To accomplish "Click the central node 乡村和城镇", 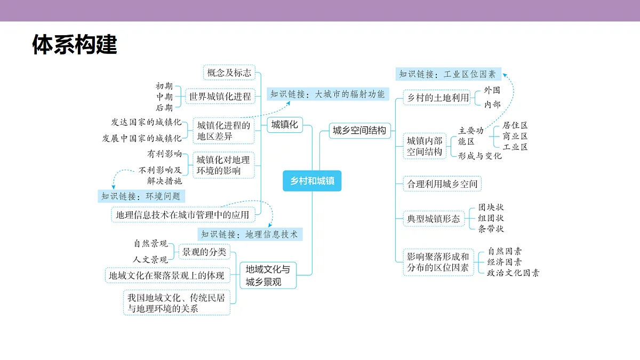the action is coord(312,181).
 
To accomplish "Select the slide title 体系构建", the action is coord(75,44).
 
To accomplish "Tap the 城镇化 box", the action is coord(285,125).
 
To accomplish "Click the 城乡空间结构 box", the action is coord(359,131).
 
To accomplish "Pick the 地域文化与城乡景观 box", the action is coord(268,275).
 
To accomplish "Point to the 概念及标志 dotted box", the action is coord(229,73).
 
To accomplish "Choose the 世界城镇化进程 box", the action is coord(220,97).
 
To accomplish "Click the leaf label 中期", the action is coord(165,97).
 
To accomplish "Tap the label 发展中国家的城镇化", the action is coord(142,138).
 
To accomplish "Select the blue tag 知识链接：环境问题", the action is coord(141,196).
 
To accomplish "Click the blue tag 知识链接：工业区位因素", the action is coord(449,74).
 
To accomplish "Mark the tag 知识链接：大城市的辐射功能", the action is coord(327,94).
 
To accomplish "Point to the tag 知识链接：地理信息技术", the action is coord(250,234).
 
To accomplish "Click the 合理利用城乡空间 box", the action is coord(442,183).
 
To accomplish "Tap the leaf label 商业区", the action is coord(515,136).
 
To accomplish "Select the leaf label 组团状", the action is coord(491,218).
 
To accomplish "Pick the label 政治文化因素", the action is coord(513,273).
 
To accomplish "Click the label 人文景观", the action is coord(150,259).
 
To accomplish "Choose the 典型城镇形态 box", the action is coord(434,219).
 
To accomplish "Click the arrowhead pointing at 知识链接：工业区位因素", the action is coord(505,75).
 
